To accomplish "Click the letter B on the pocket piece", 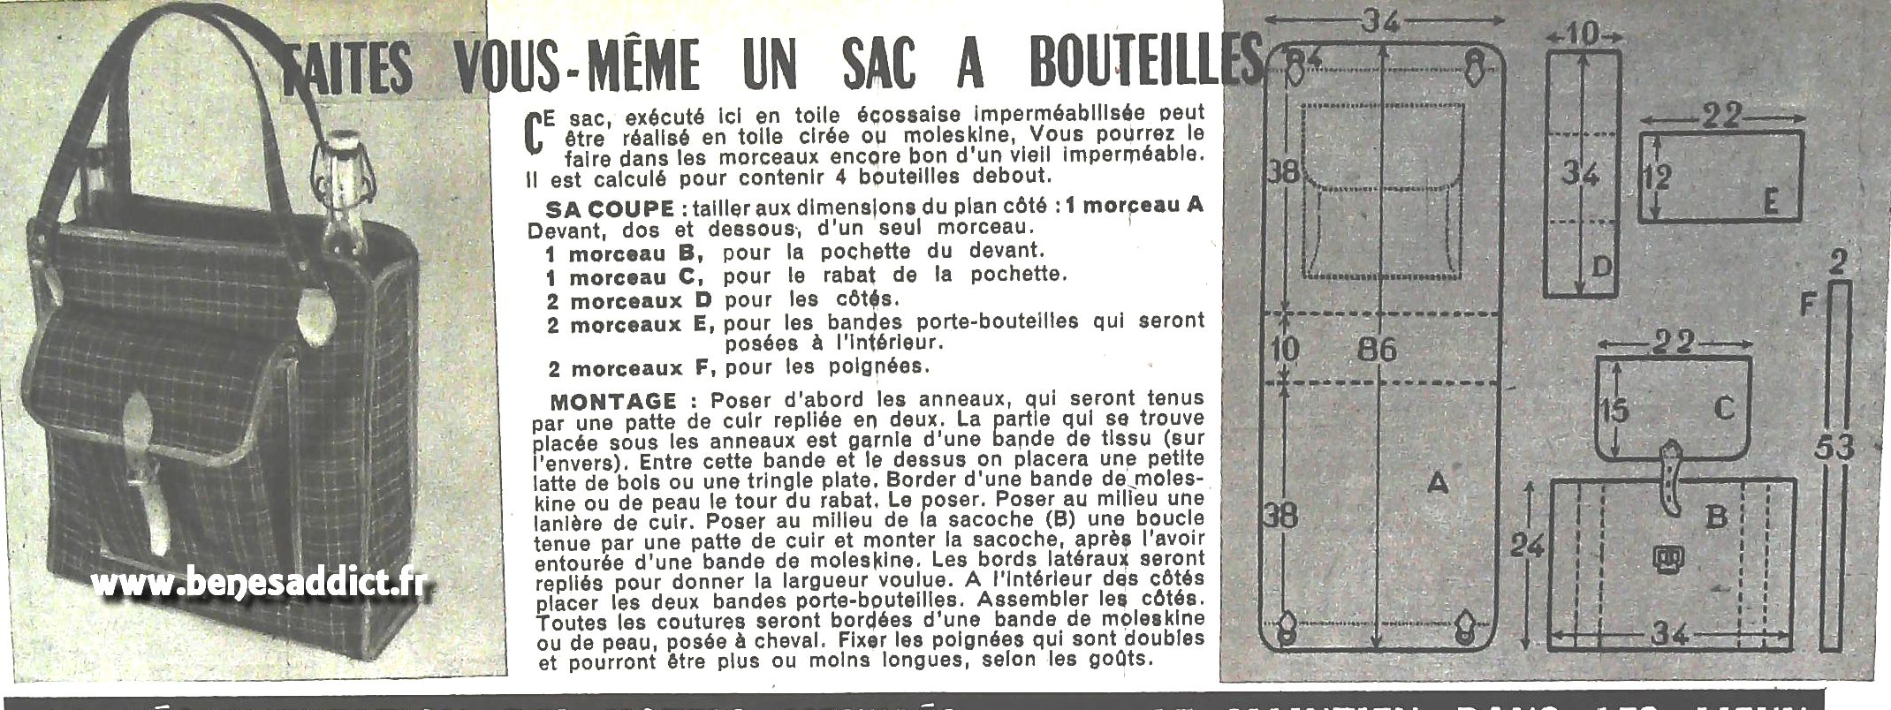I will click(1715, 517).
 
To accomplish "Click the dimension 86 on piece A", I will click(1377, 351).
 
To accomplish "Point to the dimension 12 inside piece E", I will click(1658, 177).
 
